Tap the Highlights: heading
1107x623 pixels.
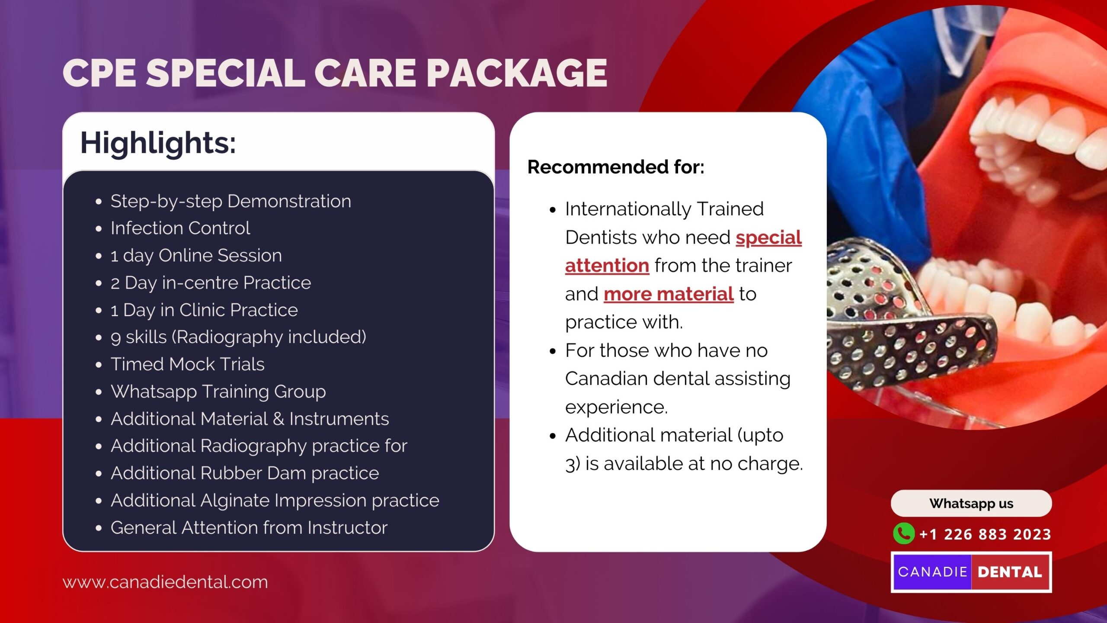158,143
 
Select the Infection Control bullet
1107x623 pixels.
180,228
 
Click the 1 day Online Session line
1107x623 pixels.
196,255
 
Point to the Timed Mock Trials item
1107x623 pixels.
187,364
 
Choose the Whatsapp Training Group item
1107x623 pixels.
218,392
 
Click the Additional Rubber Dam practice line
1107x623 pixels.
245,473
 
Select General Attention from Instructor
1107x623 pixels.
249,528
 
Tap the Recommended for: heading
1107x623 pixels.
616,167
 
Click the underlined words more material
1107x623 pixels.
669,294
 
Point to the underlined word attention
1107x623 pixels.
607,266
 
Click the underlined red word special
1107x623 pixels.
769,238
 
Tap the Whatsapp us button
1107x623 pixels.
971,503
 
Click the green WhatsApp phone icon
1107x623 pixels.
904,533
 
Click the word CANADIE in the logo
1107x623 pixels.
932,572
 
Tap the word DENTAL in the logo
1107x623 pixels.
1010,572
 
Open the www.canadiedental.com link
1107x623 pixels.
165,582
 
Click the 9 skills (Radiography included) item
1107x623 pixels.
238,337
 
